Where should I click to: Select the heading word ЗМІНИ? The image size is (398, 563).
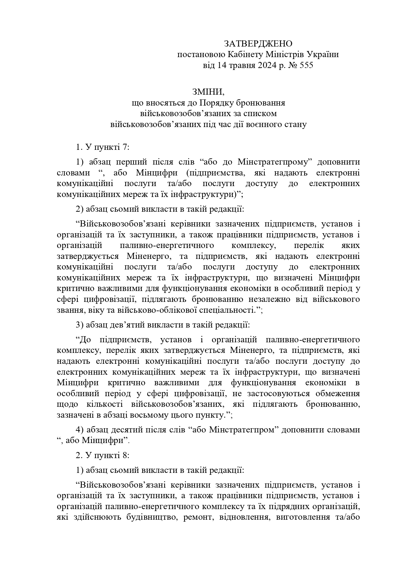(208, 92)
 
